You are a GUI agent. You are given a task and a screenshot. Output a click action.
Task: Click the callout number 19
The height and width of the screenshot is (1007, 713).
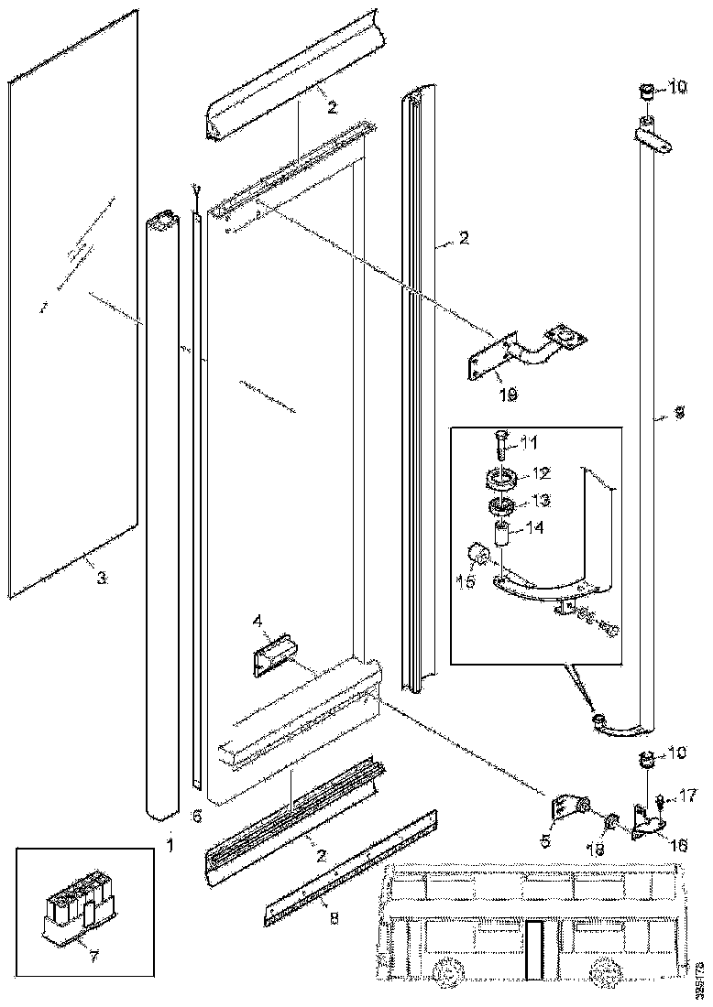pyautogui.click(x=508, y=395)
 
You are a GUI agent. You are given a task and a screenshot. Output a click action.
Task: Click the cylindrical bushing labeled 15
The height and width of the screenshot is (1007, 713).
pyautogui.click(x=477, y=556)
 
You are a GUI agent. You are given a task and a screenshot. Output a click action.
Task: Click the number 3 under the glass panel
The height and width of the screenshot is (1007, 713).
pyautogui.click(x=102, y=578)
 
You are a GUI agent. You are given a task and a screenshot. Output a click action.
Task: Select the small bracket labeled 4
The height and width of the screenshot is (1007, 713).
pyautogui.click(x=272, y=658)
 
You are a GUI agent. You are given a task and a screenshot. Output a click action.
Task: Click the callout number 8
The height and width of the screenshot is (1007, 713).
pyautogui.click(x=334, y=918)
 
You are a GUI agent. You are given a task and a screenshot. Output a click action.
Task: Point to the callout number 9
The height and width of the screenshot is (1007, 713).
pyautogui.click(x=678, y=414)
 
